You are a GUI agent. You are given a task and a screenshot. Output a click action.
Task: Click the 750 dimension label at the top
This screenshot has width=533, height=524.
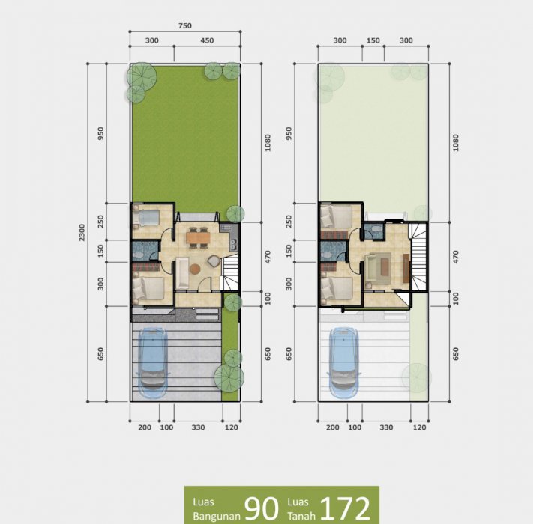click(x=185, y=25)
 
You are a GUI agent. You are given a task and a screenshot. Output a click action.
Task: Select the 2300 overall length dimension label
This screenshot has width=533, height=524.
click(x=82, y=233)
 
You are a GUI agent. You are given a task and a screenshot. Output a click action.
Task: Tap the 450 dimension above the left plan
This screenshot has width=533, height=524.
click(x=207, y=40)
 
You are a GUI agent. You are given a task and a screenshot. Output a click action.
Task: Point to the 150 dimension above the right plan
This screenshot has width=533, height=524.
click(x=373, y=40)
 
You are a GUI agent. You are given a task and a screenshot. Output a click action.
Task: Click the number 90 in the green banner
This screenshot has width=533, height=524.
click(x=262, y=508)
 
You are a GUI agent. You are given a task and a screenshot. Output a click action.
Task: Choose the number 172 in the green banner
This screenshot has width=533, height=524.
click(x=345, y=508)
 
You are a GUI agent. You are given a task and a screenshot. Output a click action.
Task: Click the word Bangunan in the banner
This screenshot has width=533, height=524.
click(x=217, y=516)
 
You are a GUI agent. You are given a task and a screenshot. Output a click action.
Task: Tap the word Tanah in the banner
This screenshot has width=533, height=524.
click(x=301, y=516)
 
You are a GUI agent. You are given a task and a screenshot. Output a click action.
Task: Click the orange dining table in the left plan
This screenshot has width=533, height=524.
click(x=198, y=237)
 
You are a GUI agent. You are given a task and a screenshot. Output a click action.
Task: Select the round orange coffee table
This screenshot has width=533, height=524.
click(x=195, y=269)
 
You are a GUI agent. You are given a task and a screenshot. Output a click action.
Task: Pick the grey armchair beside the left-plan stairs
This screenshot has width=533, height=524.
click(x=214, y=261)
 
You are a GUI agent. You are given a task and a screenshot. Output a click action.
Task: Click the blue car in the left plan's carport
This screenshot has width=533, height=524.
click(x=154, y=362)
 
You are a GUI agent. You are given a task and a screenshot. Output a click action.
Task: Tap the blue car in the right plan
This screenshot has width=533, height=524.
click(x=344, y=362)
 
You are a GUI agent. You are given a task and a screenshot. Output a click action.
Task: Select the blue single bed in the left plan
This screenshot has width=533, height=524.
click(x=147, y=217)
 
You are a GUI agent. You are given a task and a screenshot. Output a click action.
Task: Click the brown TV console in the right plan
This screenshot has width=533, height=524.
click(x=406, y=268)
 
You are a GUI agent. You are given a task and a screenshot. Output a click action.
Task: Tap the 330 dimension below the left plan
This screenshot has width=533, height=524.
click(x=198, y=427)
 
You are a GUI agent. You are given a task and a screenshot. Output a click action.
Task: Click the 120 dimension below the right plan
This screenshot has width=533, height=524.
click(x=420, y=427)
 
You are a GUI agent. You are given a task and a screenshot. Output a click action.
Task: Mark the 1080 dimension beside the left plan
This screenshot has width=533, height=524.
click(x=268, y=143)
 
